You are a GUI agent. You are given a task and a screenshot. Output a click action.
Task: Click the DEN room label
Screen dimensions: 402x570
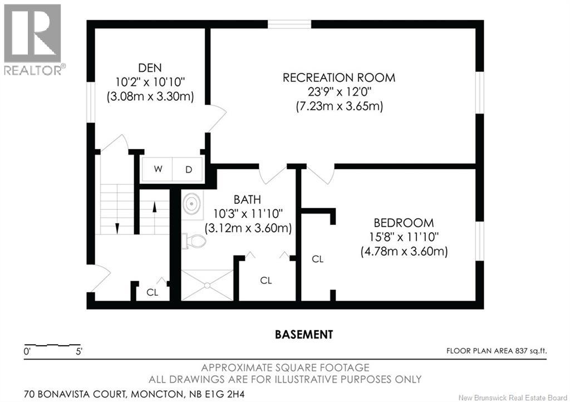pos(150,68)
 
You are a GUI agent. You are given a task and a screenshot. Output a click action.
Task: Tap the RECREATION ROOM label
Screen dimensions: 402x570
pos(339,77)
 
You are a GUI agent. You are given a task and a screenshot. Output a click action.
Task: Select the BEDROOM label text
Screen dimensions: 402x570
pos(404,223)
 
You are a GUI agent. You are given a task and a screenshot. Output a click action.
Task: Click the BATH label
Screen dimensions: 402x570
pos(247,199)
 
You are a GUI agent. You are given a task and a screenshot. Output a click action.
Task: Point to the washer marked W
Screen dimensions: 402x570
pos(158,169)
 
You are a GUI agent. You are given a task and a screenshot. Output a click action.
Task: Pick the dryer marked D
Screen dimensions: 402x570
pos(188,169)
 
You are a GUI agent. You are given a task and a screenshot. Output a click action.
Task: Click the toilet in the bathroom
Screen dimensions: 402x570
pos(193,241)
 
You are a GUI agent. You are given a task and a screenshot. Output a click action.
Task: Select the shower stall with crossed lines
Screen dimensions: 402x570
pos(207,285)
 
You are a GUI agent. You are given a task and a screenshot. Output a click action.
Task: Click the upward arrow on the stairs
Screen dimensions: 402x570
pos(154,210)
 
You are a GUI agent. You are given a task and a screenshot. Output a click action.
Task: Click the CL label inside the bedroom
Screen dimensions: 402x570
pos(317,259)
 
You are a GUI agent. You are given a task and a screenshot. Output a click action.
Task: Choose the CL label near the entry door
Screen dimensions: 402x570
pos(152,291)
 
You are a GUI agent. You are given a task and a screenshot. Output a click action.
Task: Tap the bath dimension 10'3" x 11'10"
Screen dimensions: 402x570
pos(248,213)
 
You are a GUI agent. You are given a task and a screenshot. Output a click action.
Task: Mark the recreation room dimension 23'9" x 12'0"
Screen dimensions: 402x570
pos(339,92)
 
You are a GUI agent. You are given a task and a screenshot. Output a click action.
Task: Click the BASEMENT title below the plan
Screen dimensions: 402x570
pos(304,335)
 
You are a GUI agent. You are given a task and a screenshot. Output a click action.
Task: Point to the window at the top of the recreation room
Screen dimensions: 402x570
pos(289,24)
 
